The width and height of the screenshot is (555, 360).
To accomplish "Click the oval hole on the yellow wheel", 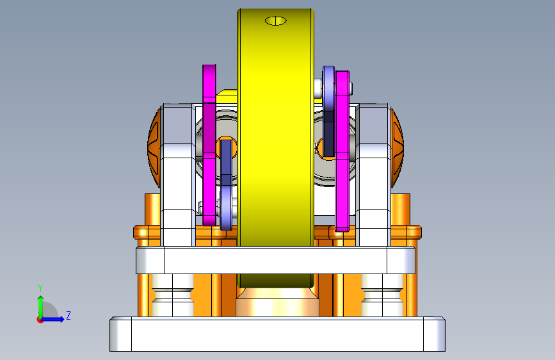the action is pos(276,21).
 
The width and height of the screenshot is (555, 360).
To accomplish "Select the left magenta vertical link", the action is pos(209,145).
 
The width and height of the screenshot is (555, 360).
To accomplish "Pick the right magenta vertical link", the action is pos(342,151).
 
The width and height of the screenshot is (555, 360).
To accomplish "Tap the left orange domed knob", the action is pos(154,147).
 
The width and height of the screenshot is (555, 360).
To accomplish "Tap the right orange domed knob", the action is pos(397,147).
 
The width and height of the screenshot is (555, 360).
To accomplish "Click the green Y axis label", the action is pos(40,288).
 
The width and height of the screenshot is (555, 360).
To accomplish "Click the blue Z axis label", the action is pos(68,315).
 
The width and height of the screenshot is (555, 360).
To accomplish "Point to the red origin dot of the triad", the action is pos(40,320).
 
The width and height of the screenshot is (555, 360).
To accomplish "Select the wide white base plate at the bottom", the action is pos(277,334).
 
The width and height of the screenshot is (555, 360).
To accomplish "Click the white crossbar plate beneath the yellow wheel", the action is pos(275,261).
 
